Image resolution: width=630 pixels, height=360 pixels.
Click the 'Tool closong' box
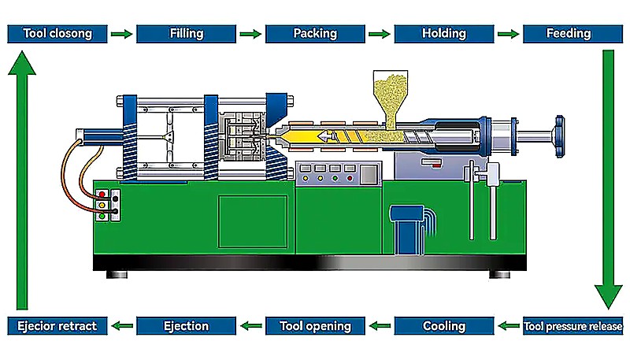pos(57,34)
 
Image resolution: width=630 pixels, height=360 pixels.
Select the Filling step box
pos(186,34)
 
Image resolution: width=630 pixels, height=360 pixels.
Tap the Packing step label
pos(315,34)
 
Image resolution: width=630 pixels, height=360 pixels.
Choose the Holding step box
pos(444,34)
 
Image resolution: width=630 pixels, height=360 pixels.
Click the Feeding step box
pos(573,34)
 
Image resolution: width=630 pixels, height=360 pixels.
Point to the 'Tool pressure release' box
pos(573,326)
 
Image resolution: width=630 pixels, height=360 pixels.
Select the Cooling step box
pos(444,326)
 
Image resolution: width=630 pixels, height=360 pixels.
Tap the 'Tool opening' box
pos(315,326)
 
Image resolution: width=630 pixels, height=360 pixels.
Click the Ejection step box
pos(186,326)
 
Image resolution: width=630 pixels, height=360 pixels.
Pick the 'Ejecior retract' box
pos(57,326)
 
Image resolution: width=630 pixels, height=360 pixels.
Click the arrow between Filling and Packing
pos(250,34)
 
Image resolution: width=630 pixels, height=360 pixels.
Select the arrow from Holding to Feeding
pos(508,34)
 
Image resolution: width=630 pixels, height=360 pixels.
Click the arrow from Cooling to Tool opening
pos(380,326)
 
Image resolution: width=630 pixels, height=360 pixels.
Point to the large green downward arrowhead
pos(608,296)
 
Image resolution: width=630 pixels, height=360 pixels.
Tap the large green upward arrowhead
pos(22,63)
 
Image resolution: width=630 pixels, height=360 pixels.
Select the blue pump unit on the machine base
pos(409,229)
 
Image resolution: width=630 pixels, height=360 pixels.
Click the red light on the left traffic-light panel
pos(102,195)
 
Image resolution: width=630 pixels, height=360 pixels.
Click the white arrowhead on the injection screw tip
pos(324,137)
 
